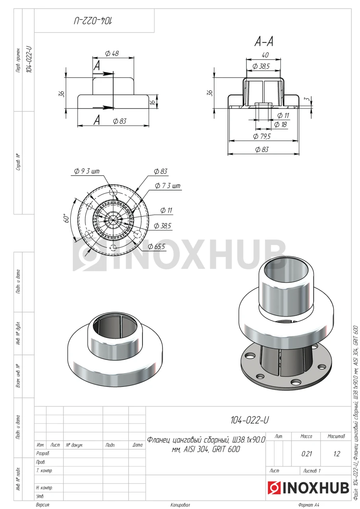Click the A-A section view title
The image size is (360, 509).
coord(264,42)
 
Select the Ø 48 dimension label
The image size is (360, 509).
coord(112,53)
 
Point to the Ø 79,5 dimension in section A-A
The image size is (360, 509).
coord(262,136)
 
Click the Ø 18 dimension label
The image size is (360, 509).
coord(280,124)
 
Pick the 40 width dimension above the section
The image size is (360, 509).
coord(265,55)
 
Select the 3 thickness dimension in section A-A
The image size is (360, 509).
coord(307,99)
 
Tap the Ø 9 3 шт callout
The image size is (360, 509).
coord(87,171)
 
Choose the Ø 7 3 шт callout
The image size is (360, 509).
coord(167,186)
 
